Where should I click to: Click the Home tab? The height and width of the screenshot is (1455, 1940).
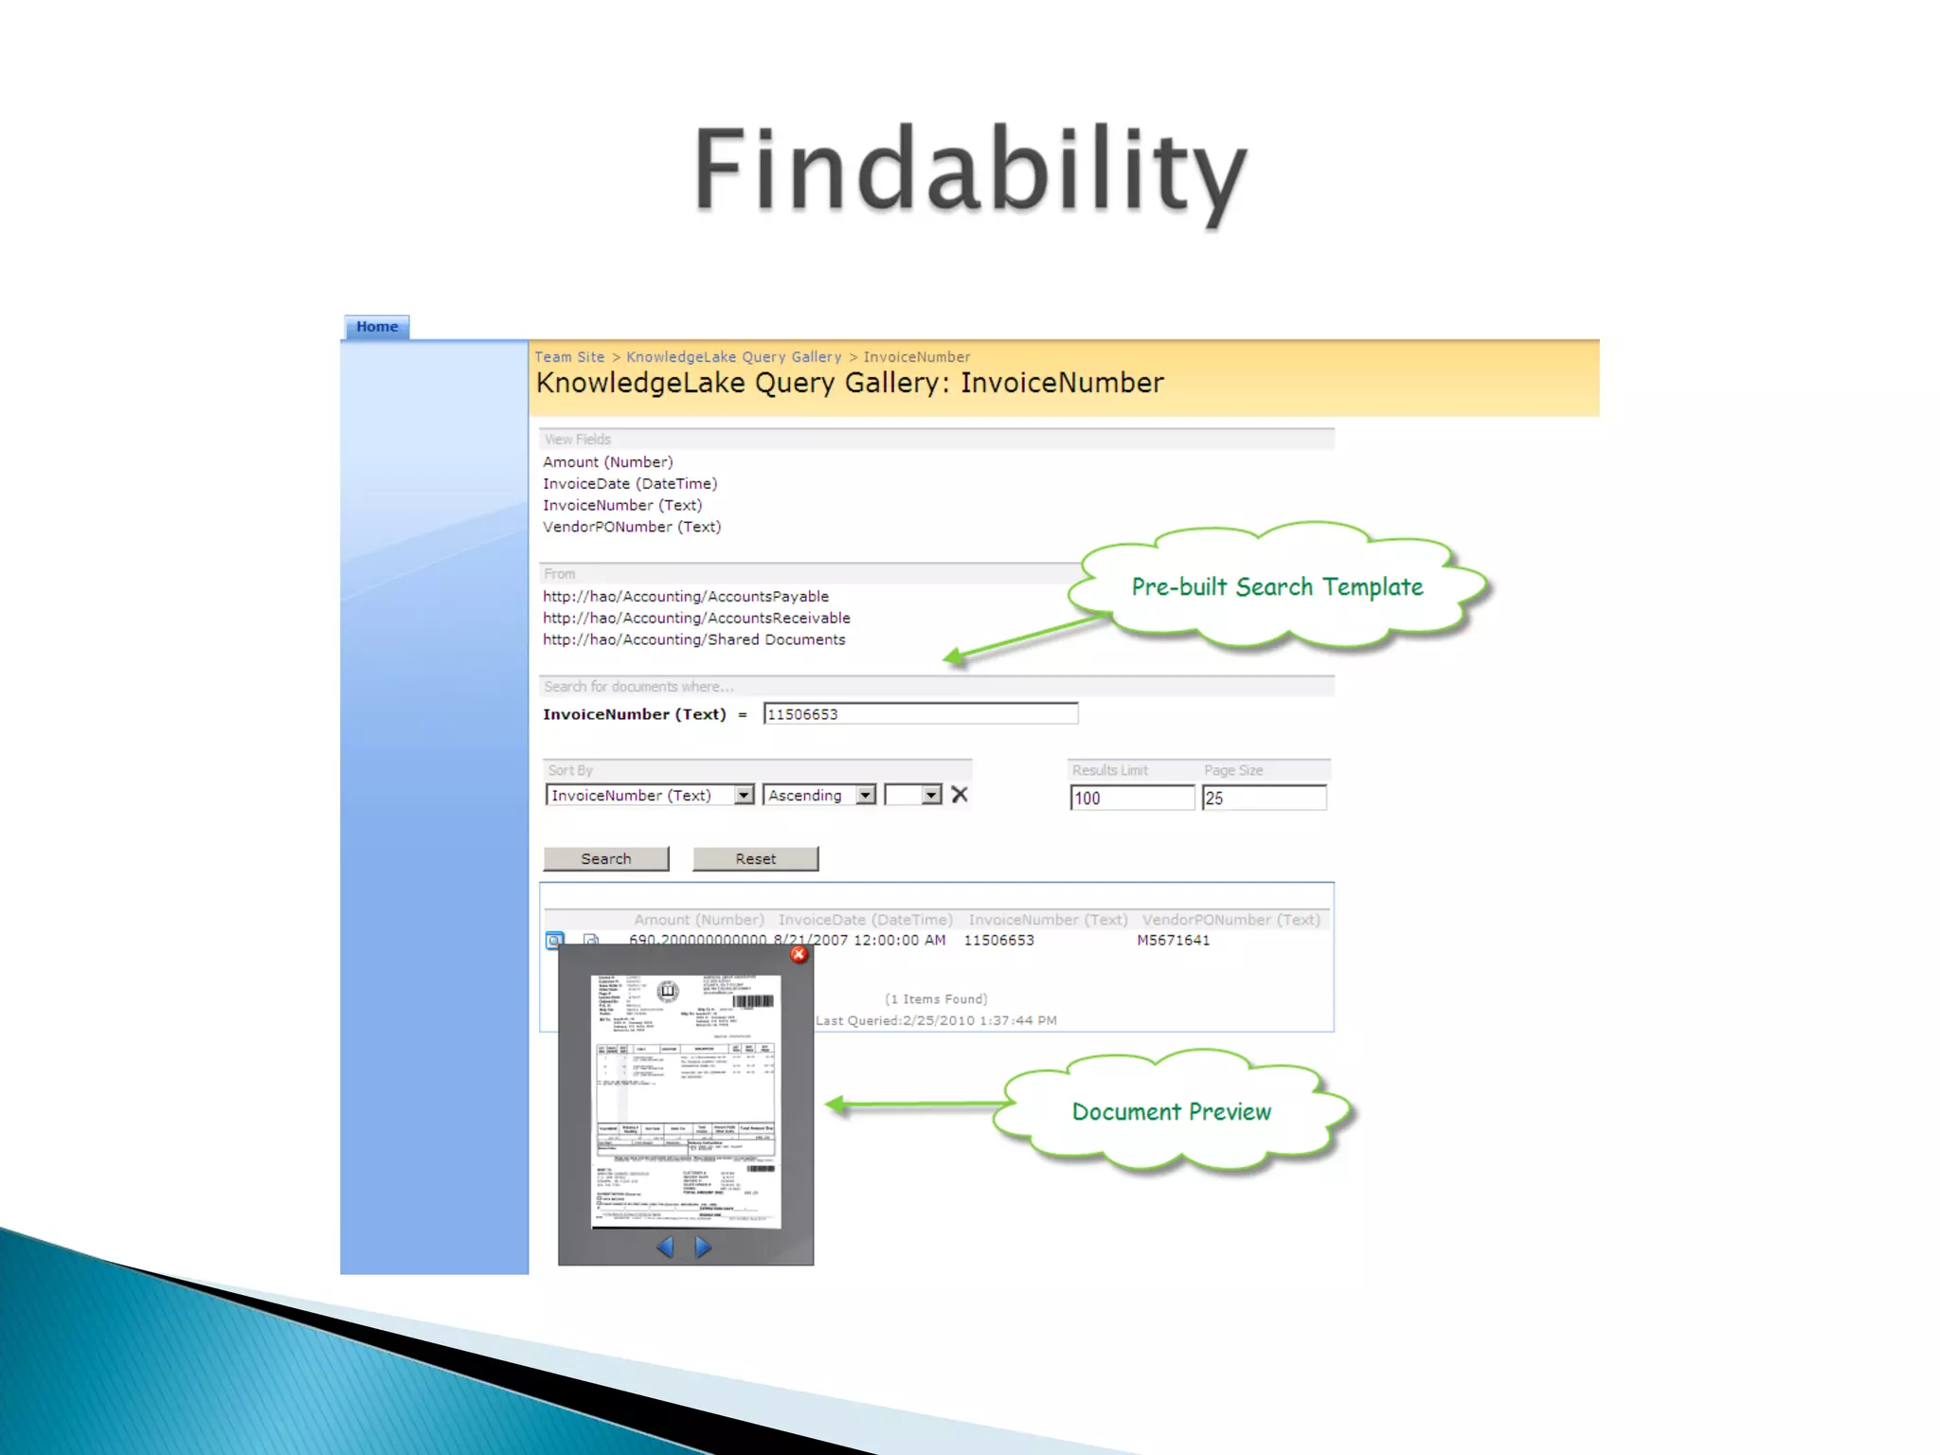click(x=377, y=327)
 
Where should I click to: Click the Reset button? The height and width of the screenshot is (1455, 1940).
click(x=755, y=859)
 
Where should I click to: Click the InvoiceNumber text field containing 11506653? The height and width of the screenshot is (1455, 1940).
click(x=920, y=714)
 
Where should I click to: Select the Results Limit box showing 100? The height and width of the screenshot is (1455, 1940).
click(x=1131, y=798)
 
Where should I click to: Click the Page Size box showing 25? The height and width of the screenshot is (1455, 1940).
click(x=1264, y=798)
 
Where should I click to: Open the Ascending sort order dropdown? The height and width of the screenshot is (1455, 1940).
click(x=820, y=796)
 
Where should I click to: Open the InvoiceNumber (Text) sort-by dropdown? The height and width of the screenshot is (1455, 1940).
click(x=650, y=796)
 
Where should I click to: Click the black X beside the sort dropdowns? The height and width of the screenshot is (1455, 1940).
click(x=960, y=796)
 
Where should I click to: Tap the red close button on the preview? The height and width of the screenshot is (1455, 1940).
click(x=799, y=955)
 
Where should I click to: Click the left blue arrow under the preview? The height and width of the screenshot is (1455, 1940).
click(x=665, y=1248)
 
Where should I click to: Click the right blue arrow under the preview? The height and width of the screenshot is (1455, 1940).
click(x=703, y=1248)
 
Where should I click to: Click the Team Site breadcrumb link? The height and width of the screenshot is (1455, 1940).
click(x=569, y=357)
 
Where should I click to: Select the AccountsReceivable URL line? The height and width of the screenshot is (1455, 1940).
click(x=696, y=619)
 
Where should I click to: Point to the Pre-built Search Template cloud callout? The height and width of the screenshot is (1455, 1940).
click(x=1277, y=587)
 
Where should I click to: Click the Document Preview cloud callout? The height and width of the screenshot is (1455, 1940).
click(x=1172, y=1112)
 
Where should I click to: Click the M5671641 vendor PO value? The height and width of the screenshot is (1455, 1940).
click(x=1173, y=941)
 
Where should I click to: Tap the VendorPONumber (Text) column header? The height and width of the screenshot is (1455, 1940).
click(x=1230, y=920)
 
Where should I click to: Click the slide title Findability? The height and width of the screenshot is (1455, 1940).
click(x=970, y=171)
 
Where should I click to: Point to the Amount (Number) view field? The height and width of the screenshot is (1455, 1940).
click(x=607, y=462)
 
